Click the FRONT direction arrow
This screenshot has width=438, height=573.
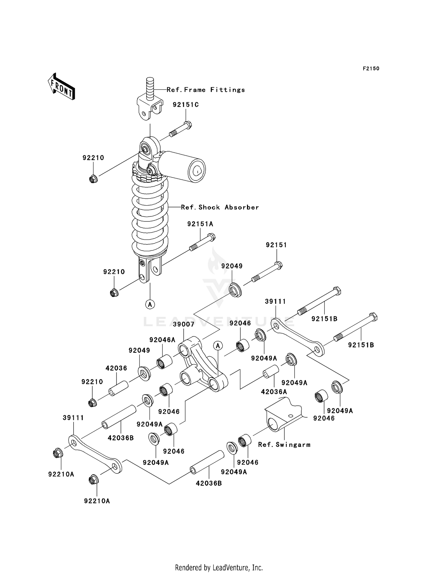coord(61,87)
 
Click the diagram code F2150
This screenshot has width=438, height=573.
coord(371,69)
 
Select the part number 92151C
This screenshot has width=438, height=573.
coord(185,105)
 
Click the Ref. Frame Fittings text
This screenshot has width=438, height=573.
coord(206,90)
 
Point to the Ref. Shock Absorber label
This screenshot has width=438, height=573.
coord(220,207)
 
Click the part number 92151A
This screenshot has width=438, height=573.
coord(200,224)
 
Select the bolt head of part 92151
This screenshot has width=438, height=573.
coord(279,265)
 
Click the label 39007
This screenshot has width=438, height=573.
coord(183,324)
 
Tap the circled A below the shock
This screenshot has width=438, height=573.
coord(150,304)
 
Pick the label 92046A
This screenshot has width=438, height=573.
coord(162,340)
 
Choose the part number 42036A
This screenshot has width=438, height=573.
coord(274,392)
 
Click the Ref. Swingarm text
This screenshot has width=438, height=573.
coord(284,445)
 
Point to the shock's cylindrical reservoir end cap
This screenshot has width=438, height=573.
coord(197,170)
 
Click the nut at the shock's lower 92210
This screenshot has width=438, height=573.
coord(114,293)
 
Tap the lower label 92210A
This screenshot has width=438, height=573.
coord(97,501)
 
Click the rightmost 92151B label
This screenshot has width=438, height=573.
coord(361,345)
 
